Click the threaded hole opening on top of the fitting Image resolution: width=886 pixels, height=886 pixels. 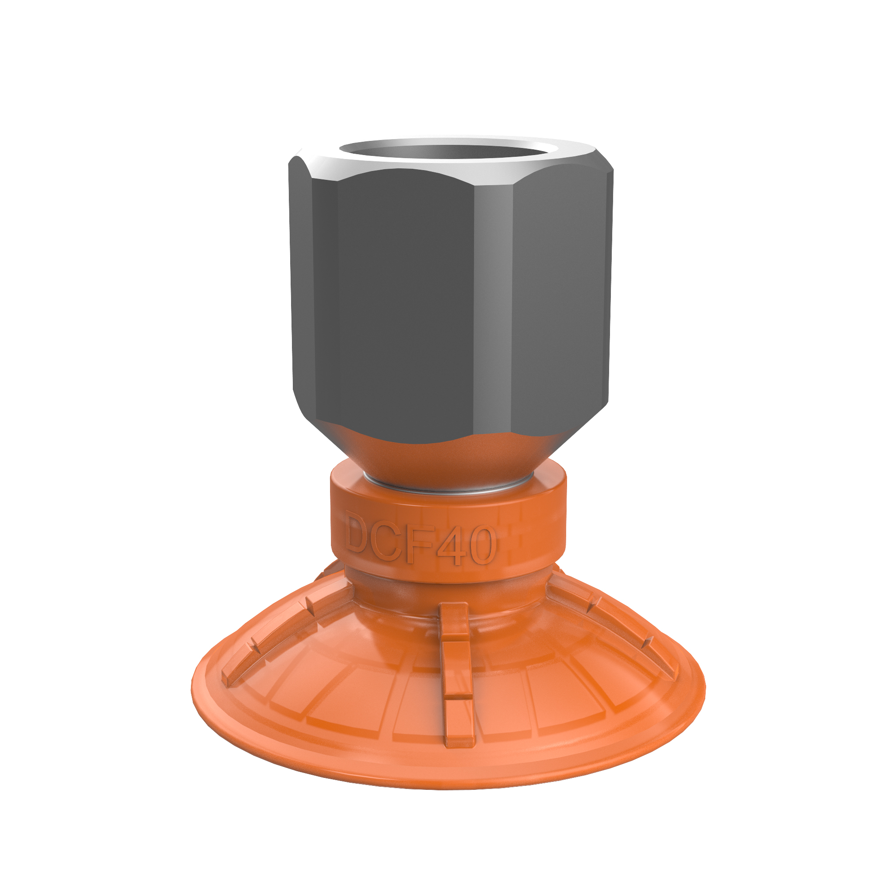coord(447,152)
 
